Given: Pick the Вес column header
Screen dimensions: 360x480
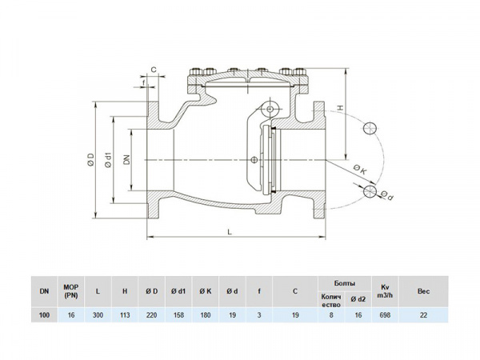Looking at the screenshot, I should [423, 292].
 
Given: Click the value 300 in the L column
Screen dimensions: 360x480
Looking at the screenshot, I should [98, 316].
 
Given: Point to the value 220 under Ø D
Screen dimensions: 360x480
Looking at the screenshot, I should [152, 316].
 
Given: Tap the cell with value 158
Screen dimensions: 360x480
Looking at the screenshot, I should [179, 316].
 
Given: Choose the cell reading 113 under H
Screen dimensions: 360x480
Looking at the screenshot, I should [125, 316].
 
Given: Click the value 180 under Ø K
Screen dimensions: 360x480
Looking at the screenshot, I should [206, 316].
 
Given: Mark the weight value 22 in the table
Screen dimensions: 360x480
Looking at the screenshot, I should [423, 316].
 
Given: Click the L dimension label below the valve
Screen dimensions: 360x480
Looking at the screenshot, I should [230, 232].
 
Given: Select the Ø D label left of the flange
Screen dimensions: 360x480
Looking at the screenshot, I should [92, 160].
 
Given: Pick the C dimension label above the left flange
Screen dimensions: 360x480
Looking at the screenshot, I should [153, 70].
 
